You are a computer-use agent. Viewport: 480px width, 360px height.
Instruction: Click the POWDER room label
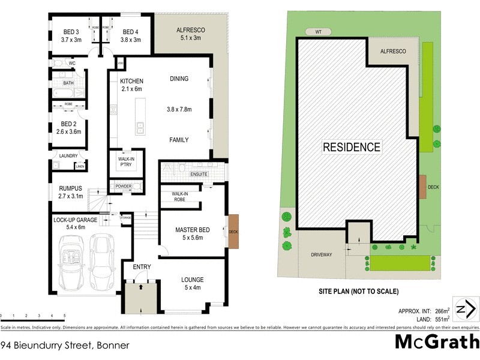pos(123,187)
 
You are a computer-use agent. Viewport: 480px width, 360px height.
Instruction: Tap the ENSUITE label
pos(199,174)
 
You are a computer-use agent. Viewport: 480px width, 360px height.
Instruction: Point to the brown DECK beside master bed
pos(233,229)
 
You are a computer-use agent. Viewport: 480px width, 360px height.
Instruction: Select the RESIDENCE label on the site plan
pos(352,147)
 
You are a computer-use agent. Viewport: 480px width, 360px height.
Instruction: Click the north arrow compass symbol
pos(466,310)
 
